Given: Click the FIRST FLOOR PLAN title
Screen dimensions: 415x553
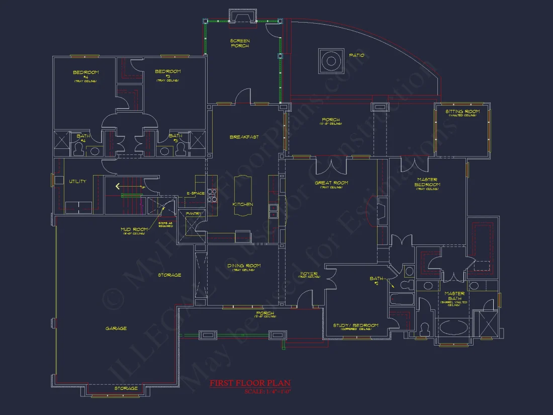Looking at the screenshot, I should coord(250,383).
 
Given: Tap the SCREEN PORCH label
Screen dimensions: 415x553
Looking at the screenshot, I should coord(240,43).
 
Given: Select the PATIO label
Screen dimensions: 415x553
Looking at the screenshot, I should coord(357,55).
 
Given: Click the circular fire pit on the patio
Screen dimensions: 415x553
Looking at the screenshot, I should coord(331,61).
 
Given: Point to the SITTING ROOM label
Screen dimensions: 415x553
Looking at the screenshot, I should coord(463,112).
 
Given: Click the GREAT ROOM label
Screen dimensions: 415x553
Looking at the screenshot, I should coord(331,183).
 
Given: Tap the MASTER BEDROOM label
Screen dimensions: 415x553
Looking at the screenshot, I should coord(427,182).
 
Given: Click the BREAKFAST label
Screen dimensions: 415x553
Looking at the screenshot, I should coord(244,137).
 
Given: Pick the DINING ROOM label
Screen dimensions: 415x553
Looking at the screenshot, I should coord(244,266).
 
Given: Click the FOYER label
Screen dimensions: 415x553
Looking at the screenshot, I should coord(309,274).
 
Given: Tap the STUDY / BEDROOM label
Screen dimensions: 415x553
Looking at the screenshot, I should coord(355,325).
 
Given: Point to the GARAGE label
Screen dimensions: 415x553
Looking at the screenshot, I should coord(116,328).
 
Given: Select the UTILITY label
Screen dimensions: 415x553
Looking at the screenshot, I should coord(77,181).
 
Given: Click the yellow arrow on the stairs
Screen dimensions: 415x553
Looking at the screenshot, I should coord(118,186).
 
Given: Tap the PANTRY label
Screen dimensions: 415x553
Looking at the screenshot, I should coord(194,214).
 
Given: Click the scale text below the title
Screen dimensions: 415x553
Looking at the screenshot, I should coord(268,391).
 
